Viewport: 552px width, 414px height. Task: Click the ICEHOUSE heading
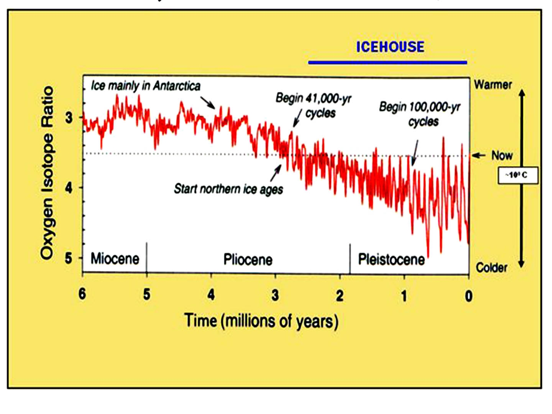pyautogui.click(x=390, y=47)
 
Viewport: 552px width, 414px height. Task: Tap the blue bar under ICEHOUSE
pyautogui.click(x=388, y=62)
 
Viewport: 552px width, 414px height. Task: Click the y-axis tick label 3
pyautogui.click(x=69, y=117)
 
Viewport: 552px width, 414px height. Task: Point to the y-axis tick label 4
pyautogui.click(x=69, y=187)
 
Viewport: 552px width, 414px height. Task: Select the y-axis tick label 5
pyautogui.click(x=69, y=258)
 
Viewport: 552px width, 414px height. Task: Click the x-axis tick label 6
pyautogui.click(x=82, y=294)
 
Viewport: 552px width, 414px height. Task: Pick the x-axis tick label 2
pyautogui.click(x=340, y=296)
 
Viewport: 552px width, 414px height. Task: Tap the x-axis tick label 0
pyautogui.click(x=468, y=296)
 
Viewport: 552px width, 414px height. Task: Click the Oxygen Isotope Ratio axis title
pyautogui.click(x=47, y=173)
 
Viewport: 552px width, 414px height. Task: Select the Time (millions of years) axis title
pyautogui.click(x=261, y=321)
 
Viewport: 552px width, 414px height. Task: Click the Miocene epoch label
pyautogui.click(x=115, y=258)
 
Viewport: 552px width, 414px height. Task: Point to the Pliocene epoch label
pyautogui.click(x=248, y=260)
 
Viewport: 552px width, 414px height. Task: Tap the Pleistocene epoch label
pyautogui.click(x=391, y=259)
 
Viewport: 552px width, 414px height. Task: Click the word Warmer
pyautogui.click(x=493, y=85)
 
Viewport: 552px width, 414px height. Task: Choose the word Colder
pyautogui.click(x=491, y=268)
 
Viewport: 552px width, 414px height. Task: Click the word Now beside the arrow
pyautogui.click(x=502, y=156)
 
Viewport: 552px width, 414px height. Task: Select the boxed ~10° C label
pyautogui.click(x=518, y=175)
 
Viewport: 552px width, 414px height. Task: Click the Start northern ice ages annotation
pyautogui.click(x=228, y=189)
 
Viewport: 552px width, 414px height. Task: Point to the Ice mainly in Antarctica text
pyautogui.click(x=146, y=86)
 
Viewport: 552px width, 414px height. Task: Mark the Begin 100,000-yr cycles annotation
pyautogui.click(x=420, y=114)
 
